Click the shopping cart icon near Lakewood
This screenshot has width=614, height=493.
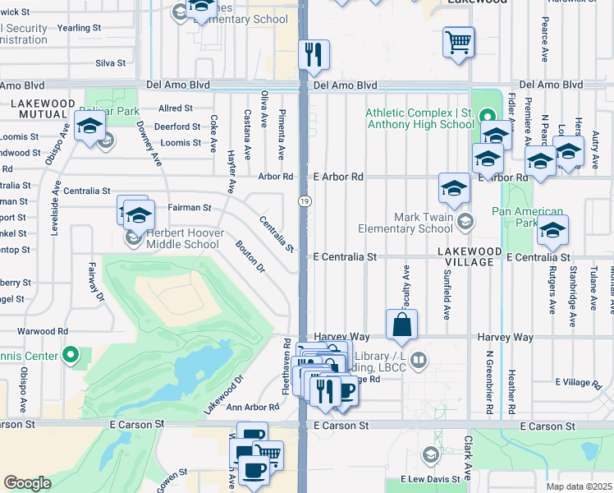tap(458, 42)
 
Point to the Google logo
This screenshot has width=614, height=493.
tap(27, 483)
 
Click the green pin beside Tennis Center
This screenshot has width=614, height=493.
tap(71, 356)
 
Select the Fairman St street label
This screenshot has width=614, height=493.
tap(189, 208)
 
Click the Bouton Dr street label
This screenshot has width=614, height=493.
tap(250, 256)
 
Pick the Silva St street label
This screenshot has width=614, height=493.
tap(110, 62)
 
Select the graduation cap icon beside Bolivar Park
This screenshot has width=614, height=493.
tap(89, 127)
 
